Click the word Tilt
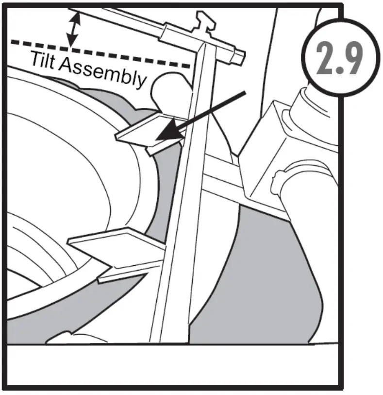pyautogui.click(x=45, y=61)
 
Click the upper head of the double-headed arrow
pyautogui.click(x=74, y=17)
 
